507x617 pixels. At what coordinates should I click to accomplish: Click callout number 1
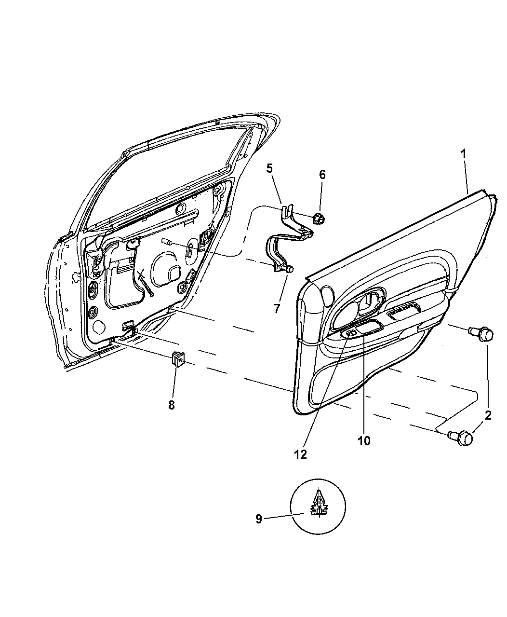pyautogui.click(x=463, y=153)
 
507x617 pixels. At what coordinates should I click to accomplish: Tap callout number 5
pyautogui.click(x=269, y=168)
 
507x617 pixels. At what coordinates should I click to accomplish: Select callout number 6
pyautogui.click(x=322, y=175)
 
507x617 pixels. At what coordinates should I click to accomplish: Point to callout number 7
pyautogui.click(x=277, y=308)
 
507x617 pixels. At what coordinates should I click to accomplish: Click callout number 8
pyautogui.click(x=172, y=405)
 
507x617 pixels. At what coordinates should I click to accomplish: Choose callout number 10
pyautogui.click(x=364, y=449)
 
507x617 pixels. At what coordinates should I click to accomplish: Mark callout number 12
pyautogui.click(x=301, y=463)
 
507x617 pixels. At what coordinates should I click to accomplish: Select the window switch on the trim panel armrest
pyautogui.click(x=351, y=333)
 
